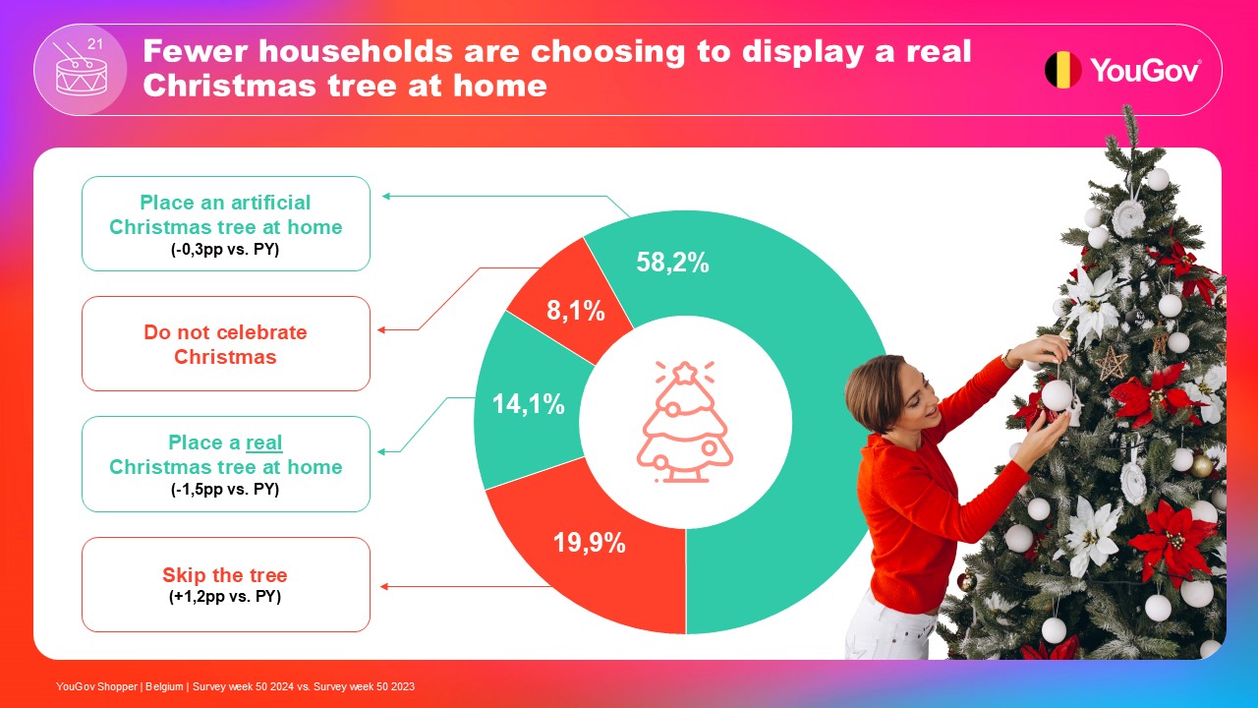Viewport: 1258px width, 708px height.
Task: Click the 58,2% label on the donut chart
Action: [672, 263]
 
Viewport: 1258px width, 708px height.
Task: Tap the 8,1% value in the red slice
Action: [576, 310]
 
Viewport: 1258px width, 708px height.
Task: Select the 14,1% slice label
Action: [529, 404]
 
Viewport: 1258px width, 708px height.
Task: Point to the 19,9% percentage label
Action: [589, 543]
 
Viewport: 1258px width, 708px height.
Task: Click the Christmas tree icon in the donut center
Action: [684, 422]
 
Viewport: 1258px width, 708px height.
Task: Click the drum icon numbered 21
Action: [81, 70]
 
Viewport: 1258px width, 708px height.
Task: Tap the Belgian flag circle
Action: [1062, 70]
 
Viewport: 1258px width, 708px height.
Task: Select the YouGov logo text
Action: [1146, 70]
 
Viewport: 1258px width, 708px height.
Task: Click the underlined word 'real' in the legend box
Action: [264, 442]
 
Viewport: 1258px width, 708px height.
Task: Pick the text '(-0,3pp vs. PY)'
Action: [225, 249]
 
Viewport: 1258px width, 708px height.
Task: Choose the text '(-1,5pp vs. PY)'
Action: [225, 489]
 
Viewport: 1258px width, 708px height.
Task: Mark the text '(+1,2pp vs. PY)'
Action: [225, 596]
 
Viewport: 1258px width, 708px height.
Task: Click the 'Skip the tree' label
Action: [225, 575]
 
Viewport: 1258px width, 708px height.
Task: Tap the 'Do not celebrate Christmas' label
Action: [225, 344]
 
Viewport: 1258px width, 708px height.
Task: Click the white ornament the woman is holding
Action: [1057, 395]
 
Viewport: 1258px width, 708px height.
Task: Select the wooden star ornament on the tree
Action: [1111, 363]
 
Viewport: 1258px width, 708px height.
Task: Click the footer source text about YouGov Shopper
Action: [235, 686]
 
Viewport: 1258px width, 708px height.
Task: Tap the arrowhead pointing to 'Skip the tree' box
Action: [384, 587]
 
